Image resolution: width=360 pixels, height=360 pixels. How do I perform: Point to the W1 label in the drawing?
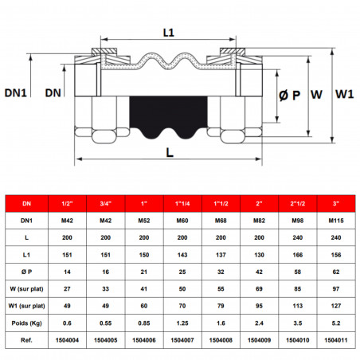(343, 95)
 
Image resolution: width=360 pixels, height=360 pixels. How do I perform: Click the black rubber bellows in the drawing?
(166, 118)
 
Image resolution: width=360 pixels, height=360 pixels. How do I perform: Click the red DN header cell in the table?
(26, 203)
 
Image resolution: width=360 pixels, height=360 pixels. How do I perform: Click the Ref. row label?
(26, 342)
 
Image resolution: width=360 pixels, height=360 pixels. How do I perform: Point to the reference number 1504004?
(69, 342)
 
